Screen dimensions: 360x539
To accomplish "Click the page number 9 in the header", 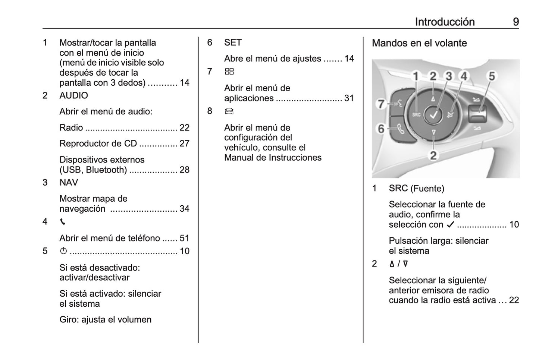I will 516,22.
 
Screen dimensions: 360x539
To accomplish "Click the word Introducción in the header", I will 445,22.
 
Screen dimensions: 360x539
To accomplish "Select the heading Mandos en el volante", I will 419,43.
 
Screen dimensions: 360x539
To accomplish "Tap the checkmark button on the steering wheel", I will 433,115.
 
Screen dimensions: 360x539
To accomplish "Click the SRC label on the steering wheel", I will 416,115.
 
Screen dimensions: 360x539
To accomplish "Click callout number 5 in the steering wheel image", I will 492,76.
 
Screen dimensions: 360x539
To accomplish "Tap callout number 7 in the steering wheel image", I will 381,104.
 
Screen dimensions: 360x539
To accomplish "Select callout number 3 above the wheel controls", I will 449,76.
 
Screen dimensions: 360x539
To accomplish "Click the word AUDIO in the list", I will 73,96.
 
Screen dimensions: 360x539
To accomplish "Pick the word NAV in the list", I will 69,183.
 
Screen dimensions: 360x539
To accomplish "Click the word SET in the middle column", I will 233,43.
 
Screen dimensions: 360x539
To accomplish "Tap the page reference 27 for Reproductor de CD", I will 184,144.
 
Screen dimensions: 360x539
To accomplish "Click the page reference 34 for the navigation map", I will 184,209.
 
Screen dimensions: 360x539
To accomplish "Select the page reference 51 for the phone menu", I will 184,238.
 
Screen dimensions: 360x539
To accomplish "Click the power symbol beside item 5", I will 63,251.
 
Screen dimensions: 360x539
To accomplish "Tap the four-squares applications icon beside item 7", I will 229,72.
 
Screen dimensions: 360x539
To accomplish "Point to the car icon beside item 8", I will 229,111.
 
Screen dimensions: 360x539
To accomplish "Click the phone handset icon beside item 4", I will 63,222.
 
